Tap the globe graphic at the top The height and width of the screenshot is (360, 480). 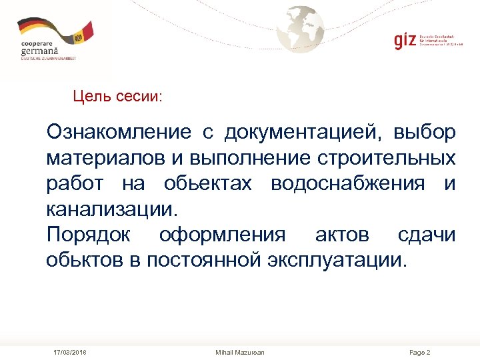[x=301, y=29]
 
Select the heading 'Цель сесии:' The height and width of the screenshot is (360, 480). [x=117, y=97]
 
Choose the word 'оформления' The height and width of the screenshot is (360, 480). [x=222, y=235]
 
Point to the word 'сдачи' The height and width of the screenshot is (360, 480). [x=427, y=235]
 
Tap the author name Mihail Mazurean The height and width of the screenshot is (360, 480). [x=240, y=352]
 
